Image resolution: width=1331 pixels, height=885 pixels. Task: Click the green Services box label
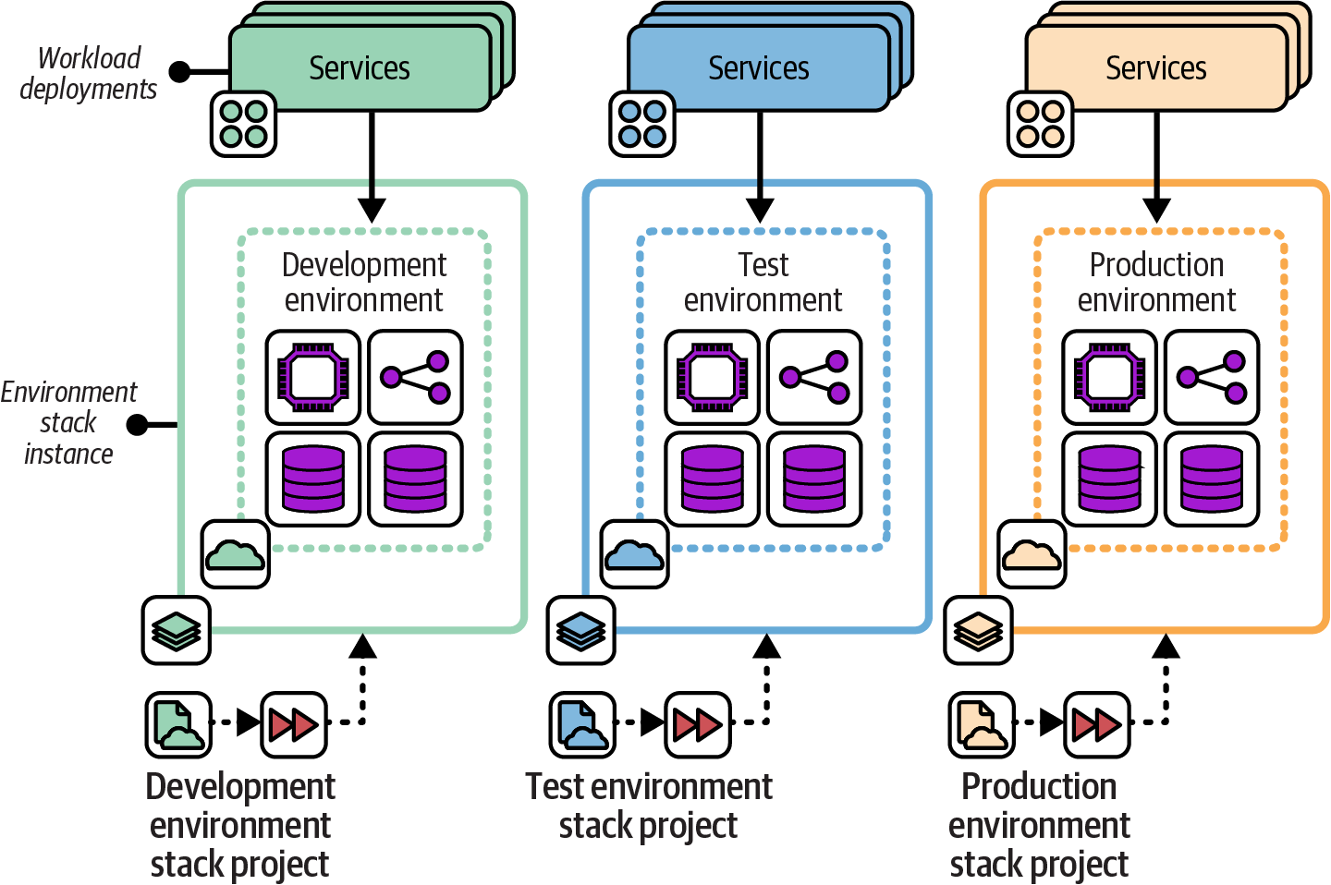click(x=360, y=68)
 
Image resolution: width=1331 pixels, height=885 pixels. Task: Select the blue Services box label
click(x=758, y=68)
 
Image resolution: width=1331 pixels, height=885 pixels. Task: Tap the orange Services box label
click(x=1155, y=68)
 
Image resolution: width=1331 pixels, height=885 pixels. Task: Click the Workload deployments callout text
click(x=89, y=73)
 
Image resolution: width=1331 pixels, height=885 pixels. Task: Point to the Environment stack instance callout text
click(x=68, y=423)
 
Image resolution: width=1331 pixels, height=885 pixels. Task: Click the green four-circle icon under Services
click(x=244, y=124)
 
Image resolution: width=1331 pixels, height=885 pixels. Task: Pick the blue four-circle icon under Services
click(x=642, y=124)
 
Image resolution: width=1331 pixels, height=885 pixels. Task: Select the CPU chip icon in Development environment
click(x=313, y=377)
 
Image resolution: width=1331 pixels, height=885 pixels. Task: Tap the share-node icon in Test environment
click(x=814, y=377)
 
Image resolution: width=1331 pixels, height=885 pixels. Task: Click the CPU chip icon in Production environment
click(x=1109, y=377)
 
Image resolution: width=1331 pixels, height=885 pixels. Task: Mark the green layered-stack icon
click(x=177, y=631)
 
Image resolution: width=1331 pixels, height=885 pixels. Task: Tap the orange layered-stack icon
click(x=978, y=631)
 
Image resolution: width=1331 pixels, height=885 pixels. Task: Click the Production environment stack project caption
click(x=1039, y=825)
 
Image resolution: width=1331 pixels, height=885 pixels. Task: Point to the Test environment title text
click(x=763, y=282)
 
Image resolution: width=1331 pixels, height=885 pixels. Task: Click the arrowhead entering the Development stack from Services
click(x=372, y=210)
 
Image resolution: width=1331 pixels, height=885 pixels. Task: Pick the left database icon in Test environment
click(x=712, y=479)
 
